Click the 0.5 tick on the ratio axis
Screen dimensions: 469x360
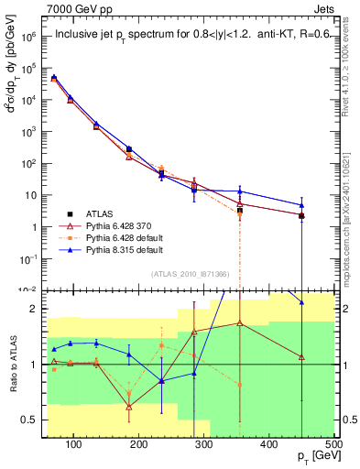pos(32,420)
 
